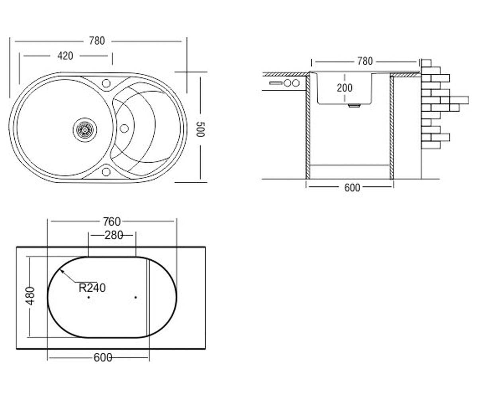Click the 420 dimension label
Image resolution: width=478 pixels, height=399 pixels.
(65, 56)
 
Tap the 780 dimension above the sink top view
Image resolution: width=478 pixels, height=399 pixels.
(97, 41)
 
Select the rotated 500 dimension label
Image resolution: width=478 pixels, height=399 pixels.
(200, 129)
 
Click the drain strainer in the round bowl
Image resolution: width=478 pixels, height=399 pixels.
(85, 130)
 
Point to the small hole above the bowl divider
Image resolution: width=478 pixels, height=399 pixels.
(106, 83)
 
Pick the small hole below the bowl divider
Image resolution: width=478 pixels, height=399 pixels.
(106, 172)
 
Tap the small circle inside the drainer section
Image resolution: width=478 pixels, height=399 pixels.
(124, 128)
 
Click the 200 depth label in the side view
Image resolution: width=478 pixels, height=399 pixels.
(345, 88)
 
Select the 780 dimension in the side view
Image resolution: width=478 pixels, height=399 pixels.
(365, 61)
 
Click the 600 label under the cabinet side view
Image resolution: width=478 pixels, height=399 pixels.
(352, 188)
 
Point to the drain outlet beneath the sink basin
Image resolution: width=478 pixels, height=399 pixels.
(354, 105)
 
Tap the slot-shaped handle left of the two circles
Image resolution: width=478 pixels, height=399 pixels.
(276, 83)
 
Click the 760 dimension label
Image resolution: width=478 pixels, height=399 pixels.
(112, 222)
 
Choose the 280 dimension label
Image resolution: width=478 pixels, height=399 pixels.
(114, 235)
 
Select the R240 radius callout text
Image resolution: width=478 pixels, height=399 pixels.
(92, 288)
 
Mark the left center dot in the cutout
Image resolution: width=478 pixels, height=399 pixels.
(88, 297)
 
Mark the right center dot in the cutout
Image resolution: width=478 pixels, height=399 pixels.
(136, 297)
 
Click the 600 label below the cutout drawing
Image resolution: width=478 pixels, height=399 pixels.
(103, 358)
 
